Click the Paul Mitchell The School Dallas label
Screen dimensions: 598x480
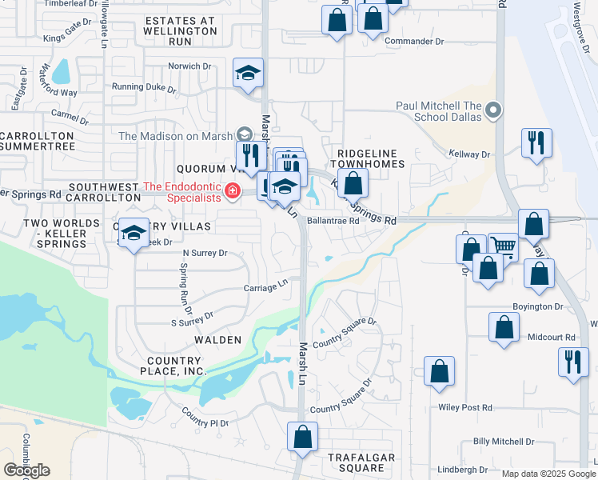coord(439,111)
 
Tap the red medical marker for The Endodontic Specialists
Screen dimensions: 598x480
coord(232,190)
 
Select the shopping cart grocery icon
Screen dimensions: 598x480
coord(503,246)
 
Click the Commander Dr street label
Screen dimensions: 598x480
coord(413,41)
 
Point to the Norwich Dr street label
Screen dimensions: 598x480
coord(189,66)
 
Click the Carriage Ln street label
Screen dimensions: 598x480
coord(265,286)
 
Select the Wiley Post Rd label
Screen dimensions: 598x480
coord(465,408)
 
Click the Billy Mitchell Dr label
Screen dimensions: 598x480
coord(503,442)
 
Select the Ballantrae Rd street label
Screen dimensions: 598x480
coord(333,221)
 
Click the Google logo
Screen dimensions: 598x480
coord(26,470)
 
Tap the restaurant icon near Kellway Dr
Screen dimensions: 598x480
coord(536,142)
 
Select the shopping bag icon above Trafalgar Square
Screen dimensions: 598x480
coord(302,436)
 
